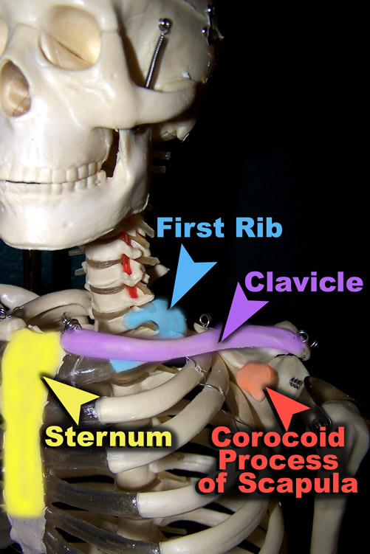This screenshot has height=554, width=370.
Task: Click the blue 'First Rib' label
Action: click(219, 226)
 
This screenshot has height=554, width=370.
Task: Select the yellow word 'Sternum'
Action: click(109, 437)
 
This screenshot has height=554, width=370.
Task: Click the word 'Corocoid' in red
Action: click(279, 437)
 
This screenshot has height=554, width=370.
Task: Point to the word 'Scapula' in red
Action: click(298, 483)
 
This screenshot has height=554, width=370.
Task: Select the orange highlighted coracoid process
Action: click(256, 380)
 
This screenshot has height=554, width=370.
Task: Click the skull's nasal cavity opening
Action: click(14, 89)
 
